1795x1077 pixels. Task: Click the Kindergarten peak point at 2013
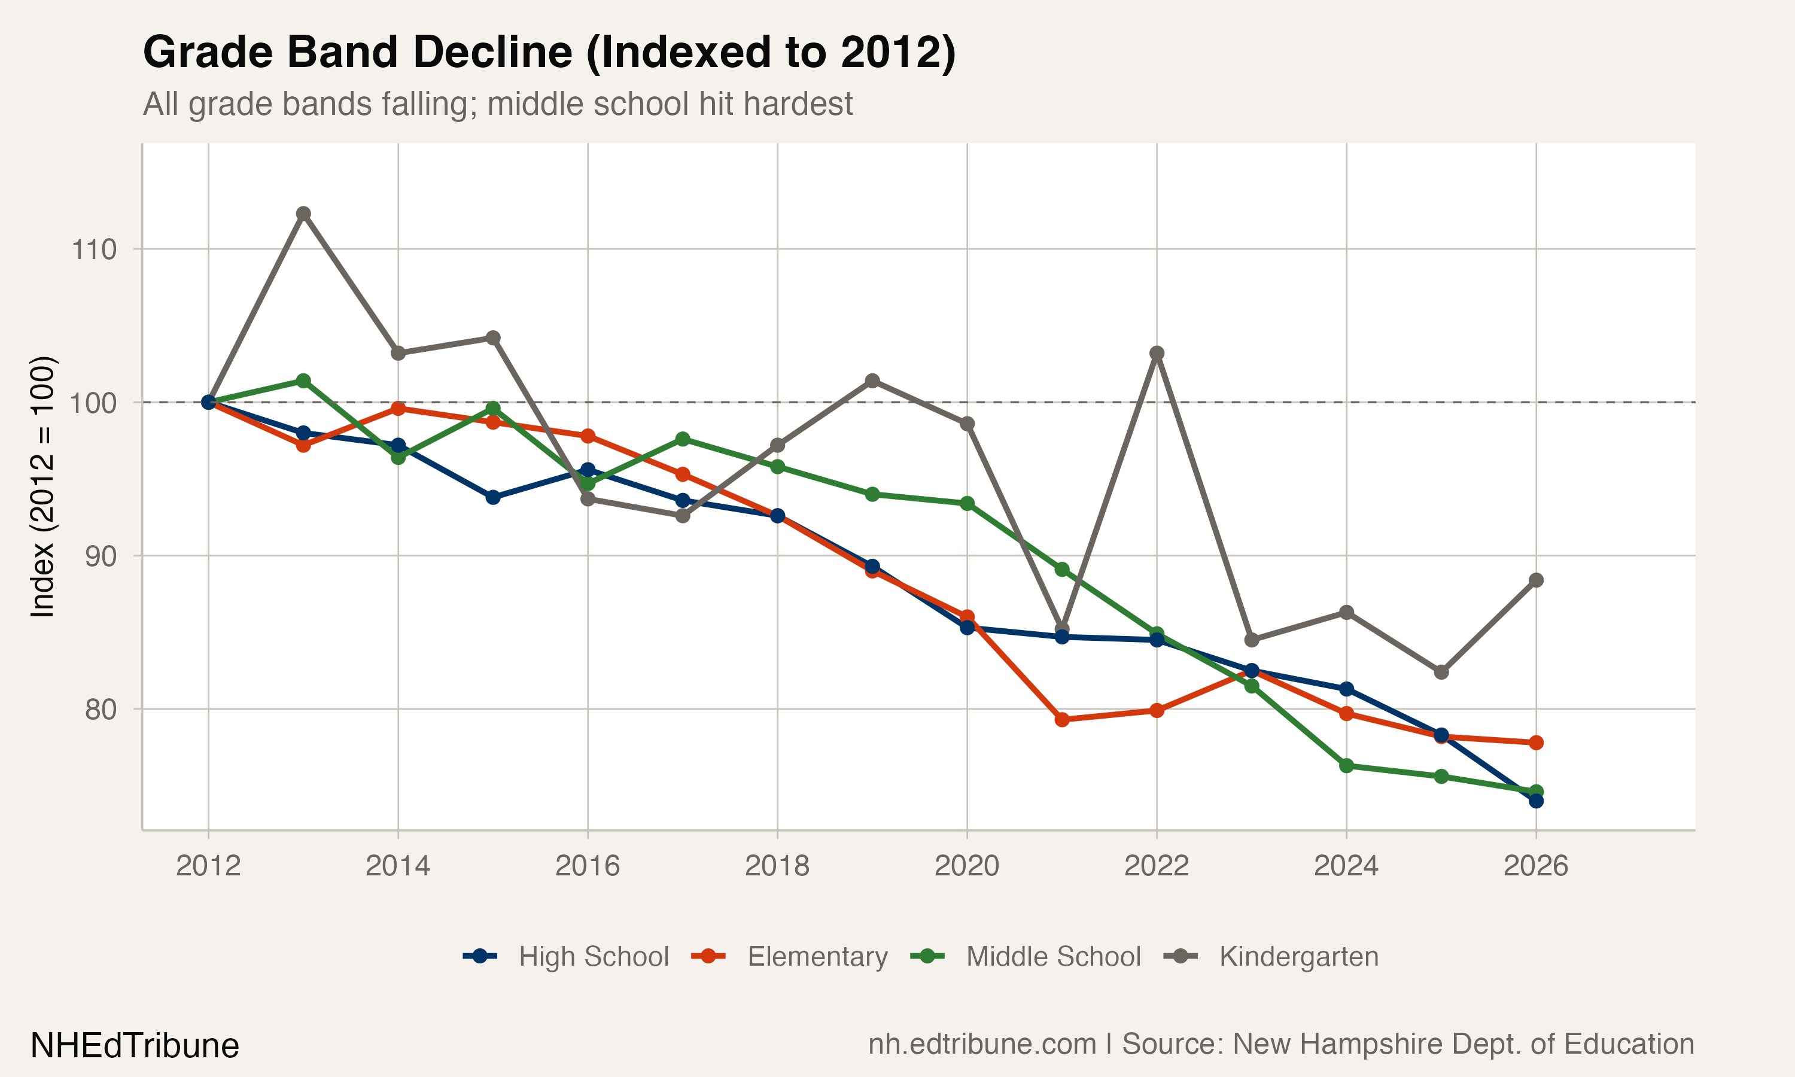(303, 214)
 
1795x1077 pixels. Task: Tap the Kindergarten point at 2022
(1157, 354)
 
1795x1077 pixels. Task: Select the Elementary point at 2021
(1061, 720)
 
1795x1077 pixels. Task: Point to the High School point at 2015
(492, 497)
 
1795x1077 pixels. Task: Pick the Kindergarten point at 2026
(1536, 580)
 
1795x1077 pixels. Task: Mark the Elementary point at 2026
(1536, 743)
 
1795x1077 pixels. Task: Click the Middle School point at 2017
(683, 439)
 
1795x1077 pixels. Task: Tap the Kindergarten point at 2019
(872, 381)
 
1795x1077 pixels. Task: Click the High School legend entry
(566, 957)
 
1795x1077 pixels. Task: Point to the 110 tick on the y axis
(95, 250)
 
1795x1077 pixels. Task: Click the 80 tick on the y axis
(101, 709)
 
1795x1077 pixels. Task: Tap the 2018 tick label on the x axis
(777, 866)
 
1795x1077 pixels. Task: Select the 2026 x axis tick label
(1536, 866)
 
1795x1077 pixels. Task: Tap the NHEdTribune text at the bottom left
(135, 1046)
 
